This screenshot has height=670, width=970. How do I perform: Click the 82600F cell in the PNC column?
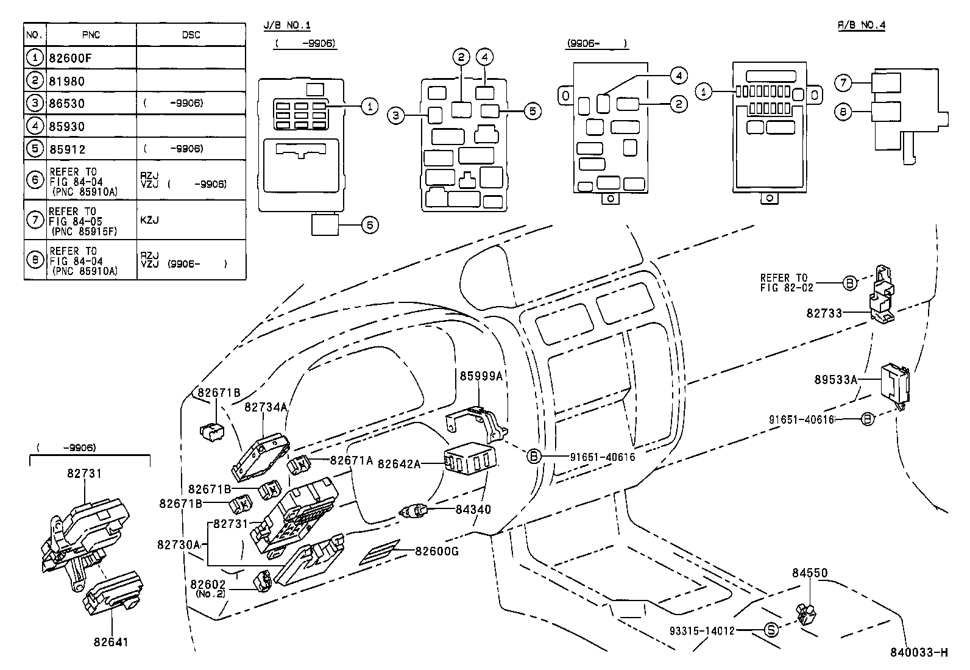tap(67, 59)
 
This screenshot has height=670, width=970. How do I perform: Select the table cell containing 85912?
tap(67, 149)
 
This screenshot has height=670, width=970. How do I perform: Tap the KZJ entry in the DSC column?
tap(149, 220)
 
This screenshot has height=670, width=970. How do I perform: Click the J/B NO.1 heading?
tap(287, 25)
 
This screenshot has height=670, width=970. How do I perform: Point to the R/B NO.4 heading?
tap(861, 25)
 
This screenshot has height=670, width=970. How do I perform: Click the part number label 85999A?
tap(481, 376)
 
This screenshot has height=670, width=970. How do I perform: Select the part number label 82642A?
tap(399, 464)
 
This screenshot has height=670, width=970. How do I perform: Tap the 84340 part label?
tap(473, 509)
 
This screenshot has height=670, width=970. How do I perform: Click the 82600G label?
tap(437, 552)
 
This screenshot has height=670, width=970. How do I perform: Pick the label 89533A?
tap(836, 379)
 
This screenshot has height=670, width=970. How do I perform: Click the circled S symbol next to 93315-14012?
tap(771, 631)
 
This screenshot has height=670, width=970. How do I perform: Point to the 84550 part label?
tap(810, 573)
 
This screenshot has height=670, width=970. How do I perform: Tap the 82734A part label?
tap(265, 407)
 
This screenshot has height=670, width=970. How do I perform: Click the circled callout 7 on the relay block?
tap(843, 82)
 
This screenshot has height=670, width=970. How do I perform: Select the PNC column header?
tap(91, 35)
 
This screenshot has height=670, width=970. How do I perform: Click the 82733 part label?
tap(824, 313)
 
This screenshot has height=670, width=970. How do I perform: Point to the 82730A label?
tap(179, 544)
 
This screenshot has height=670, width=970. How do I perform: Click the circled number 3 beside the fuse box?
tap(396, 115)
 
